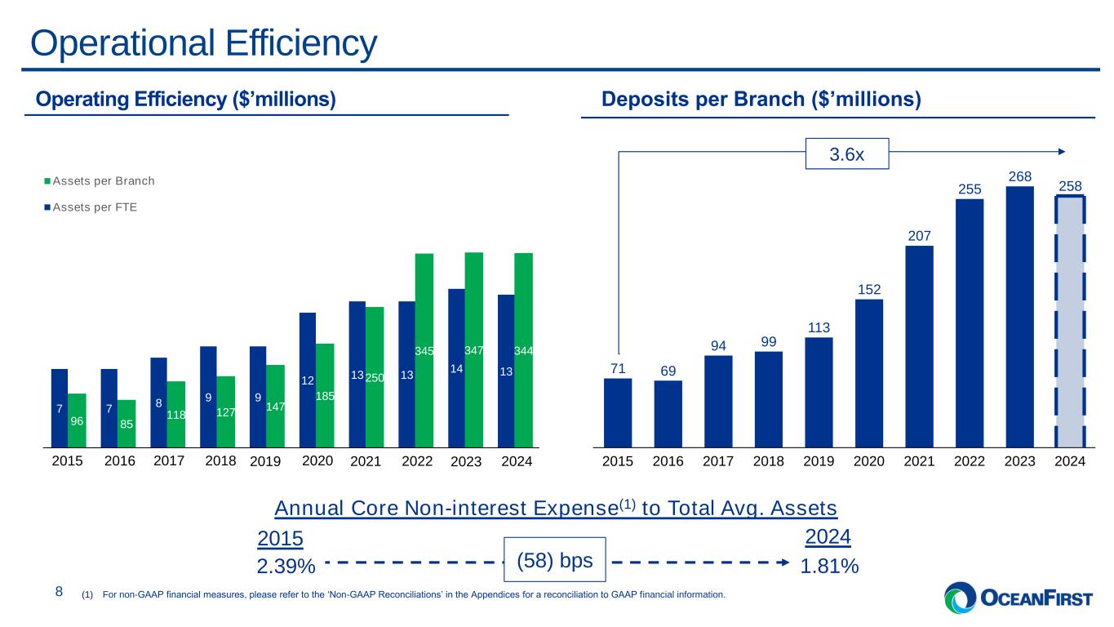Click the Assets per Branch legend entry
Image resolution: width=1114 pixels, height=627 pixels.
[100, 181]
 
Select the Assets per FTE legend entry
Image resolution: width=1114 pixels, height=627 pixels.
[91, 207]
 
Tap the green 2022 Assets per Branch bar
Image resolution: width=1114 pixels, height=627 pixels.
[424, 350]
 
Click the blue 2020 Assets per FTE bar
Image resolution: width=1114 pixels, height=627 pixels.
[308, 380]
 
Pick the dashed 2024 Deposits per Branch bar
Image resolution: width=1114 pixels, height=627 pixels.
[1070, 322]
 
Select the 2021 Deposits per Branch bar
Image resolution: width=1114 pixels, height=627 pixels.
[919, 347]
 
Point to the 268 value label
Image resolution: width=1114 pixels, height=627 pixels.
[1020, 176]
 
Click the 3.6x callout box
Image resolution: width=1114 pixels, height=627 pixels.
[847, 154]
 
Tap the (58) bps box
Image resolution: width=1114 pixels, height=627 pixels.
[554, 560]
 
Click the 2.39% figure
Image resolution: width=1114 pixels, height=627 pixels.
[286, 567]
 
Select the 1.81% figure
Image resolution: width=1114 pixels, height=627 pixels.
[829, 567]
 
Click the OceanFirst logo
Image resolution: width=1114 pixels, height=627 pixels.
[1019, 598]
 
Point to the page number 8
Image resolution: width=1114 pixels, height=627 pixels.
[59, 591]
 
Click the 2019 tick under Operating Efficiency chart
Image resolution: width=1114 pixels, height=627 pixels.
[265, 461]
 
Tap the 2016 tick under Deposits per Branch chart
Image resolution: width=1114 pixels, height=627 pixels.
[668, 461]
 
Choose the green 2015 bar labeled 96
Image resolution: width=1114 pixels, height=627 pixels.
[77, 420]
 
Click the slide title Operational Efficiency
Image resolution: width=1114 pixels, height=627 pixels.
[204, 43]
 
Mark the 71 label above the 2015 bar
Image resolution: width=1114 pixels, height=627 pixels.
[618, 368]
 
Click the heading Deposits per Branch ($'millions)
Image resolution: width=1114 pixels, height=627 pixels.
[761, 99]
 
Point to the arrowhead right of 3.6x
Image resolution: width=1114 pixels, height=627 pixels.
[1062, 151]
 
